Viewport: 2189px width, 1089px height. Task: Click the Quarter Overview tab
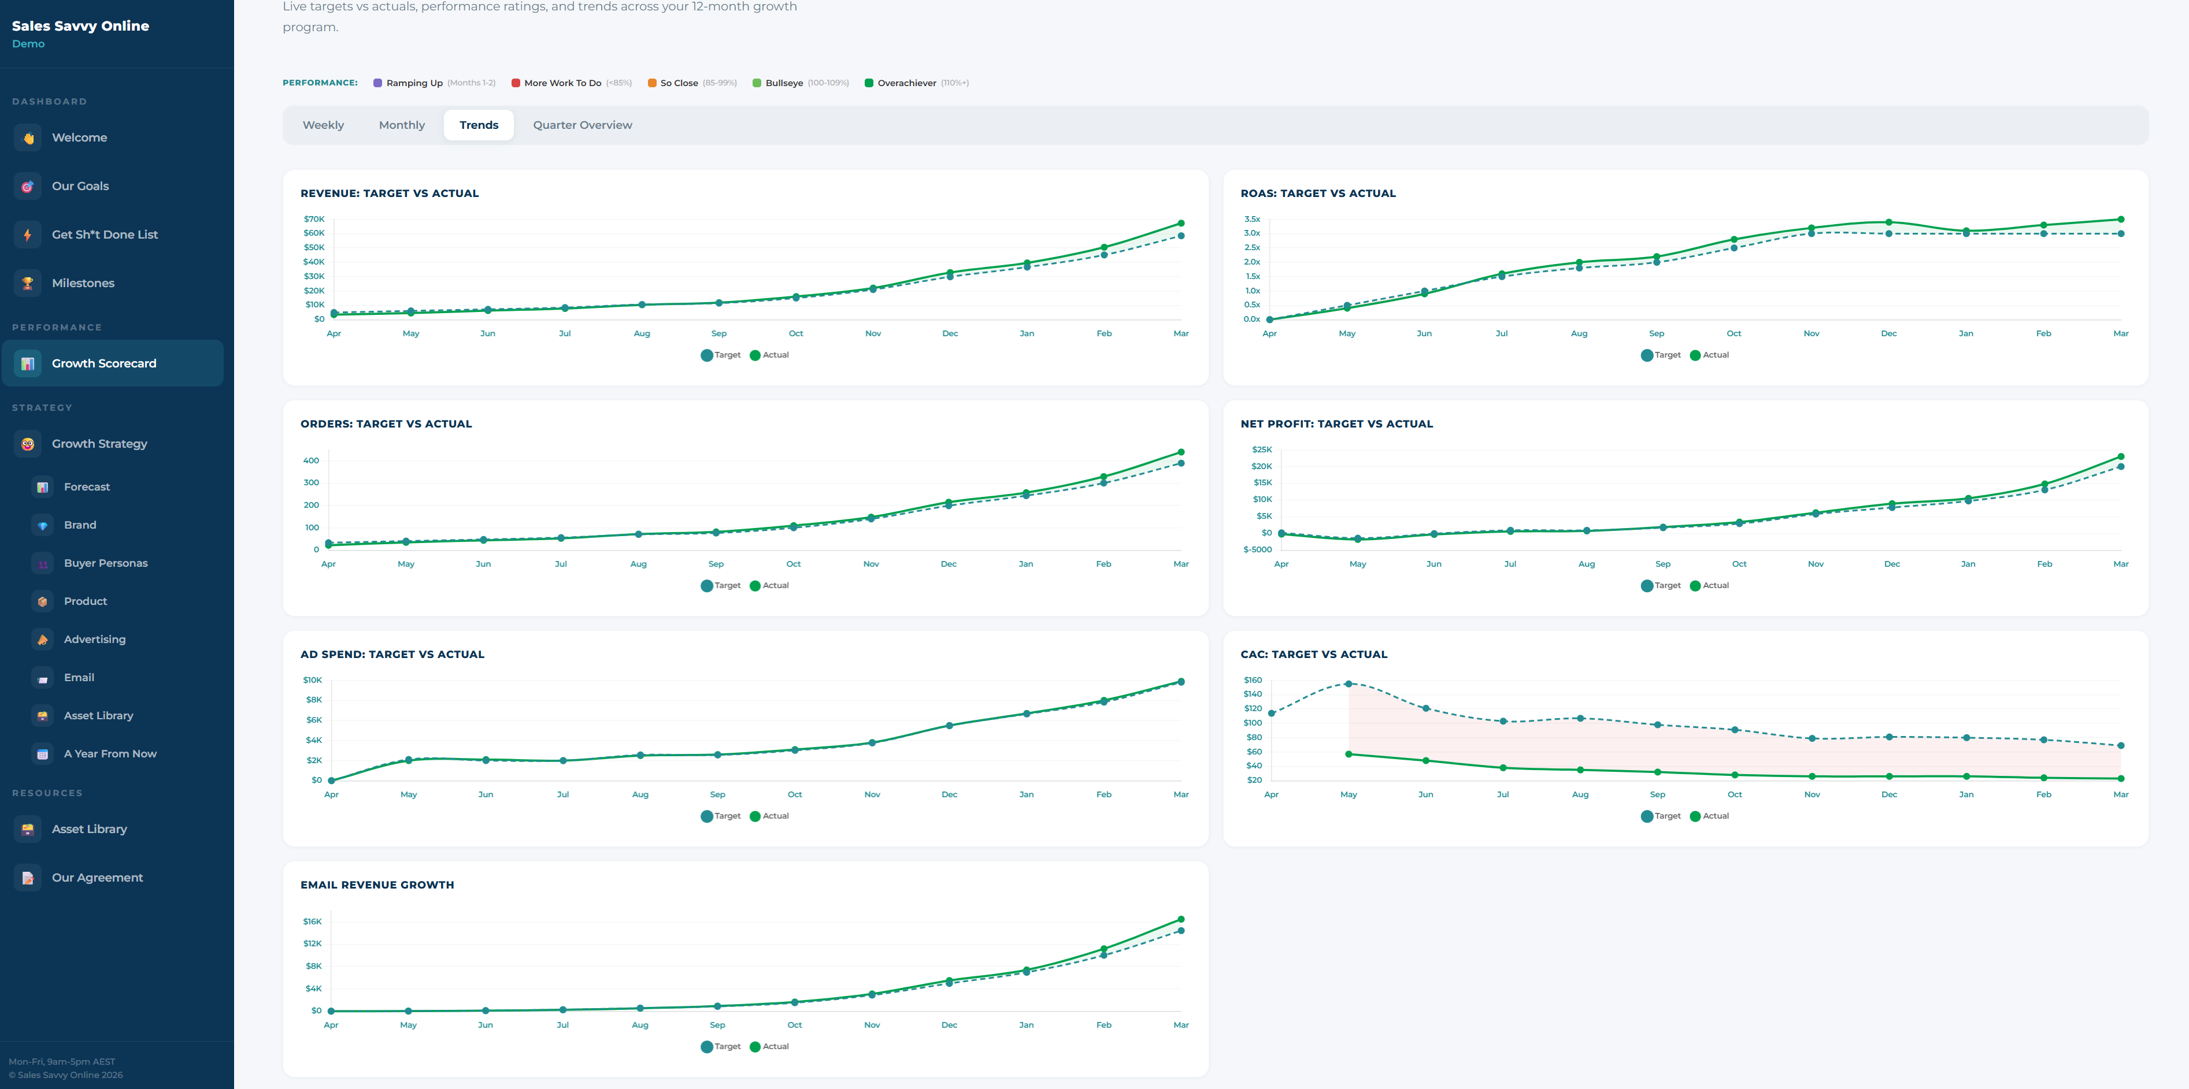[x=582, y=125]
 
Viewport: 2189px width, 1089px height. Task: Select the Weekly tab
[x=323, y=125]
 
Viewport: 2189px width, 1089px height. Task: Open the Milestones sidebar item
[x=83, y=283]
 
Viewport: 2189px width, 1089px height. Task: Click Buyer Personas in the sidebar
[x=105, y=563]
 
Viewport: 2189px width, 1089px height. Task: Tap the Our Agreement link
[x=97, y=878]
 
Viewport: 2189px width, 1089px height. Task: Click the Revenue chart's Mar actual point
[x=1180, y=224]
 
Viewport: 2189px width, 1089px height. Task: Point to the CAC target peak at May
[x=1349, y=684]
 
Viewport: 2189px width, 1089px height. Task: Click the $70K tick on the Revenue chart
[x=313, y=219]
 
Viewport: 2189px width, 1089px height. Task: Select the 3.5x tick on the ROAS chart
[x=1251, y=219]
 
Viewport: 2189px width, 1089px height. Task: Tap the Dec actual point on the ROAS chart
[x=1888, y=222]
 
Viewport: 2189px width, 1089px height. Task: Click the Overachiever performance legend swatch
[x=868, y=83]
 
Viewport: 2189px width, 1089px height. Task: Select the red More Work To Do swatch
[x=516, y=83]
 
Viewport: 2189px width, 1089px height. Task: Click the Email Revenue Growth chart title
[x=376, y=885]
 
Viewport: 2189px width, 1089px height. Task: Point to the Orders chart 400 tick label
[x=311, y=460]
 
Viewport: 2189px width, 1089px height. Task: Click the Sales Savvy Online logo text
[x=80, y=27]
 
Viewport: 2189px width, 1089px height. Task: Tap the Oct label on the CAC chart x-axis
[x=1734, y=795]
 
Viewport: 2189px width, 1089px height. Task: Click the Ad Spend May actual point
[x=409, y=760]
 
